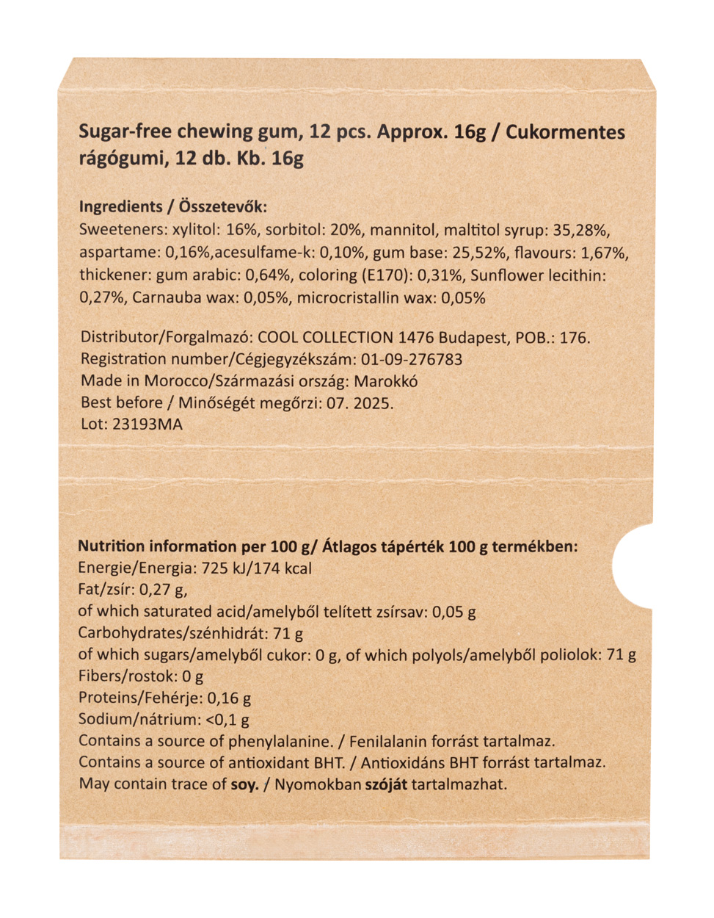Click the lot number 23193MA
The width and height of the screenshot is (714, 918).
pos(147,424)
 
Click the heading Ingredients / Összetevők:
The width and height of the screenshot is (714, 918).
pos(173,207)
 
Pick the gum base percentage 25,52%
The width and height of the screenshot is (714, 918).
pos(478,253)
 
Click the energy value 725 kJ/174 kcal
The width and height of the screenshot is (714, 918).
pos(251,568)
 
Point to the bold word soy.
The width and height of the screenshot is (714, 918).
pos(244,784)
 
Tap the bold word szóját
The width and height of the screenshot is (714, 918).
pos(386,784)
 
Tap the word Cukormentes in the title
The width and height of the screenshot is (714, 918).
pos(565,133)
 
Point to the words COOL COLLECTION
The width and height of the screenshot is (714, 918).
pos(326,338)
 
